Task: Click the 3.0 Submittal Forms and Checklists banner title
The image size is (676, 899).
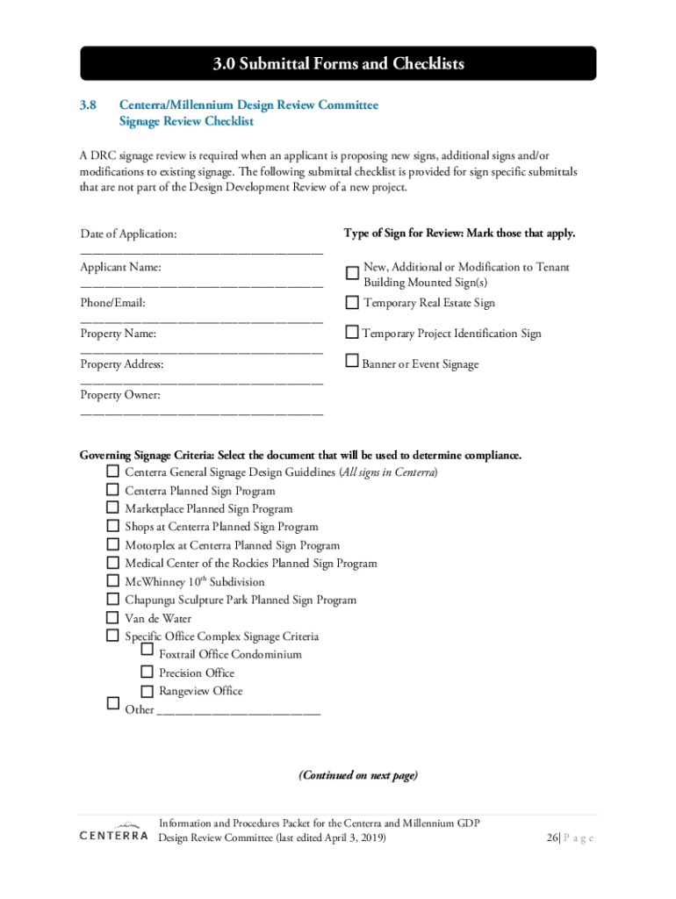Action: click(x=338, y=64)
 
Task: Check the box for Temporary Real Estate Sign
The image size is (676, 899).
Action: click(x=352, y=303)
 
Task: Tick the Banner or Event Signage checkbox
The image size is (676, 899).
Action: click(x=352, y=360)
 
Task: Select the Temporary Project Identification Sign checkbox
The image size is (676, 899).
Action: click(x=352, y=332)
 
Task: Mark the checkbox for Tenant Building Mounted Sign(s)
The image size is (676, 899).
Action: click(x=352, y=274)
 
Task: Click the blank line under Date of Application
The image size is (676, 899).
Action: click(x=201, y=252)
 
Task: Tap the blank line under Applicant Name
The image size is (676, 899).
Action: click(x=201, y=284)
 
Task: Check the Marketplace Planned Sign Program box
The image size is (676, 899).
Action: click(x=112, y=507)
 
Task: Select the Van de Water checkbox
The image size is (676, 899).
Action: click(x=112, y=617)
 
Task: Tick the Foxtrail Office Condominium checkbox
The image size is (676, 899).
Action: click(x=147, y=651)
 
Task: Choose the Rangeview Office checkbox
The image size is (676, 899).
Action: click(x=147, y=691)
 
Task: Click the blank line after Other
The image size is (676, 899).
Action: click(x=238, y=712)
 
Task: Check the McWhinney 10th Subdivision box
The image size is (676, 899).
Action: click(x=112, y=580)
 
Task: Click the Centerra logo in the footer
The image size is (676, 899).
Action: click(x=113, y=832)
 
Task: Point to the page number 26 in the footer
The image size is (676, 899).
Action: click(x=551, y=838)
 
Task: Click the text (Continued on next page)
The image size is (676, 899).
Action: click(x=358, y=775)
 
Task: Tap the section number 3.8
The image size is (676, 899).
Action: click(x=88, y=105)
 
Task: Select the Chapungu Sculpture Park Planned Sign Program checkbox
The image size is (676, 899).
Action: click(x=112, y=599)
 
